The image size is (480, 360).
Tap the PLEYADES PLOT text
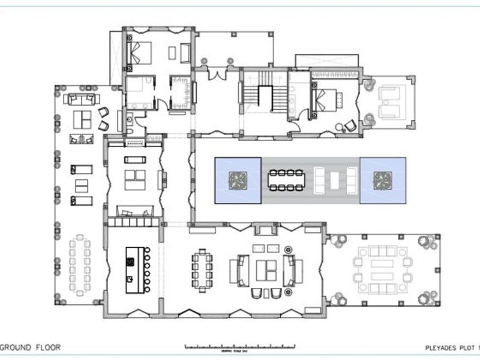pos(446,347)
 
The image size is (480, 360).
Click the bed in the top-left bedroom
pos(140,53)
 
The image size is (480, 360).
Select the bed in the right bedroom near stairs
pos(328,98)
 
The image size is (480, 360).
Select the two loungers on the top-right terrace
pos(391,100)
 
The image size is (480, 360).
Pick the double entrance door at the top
pos(217,73)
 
